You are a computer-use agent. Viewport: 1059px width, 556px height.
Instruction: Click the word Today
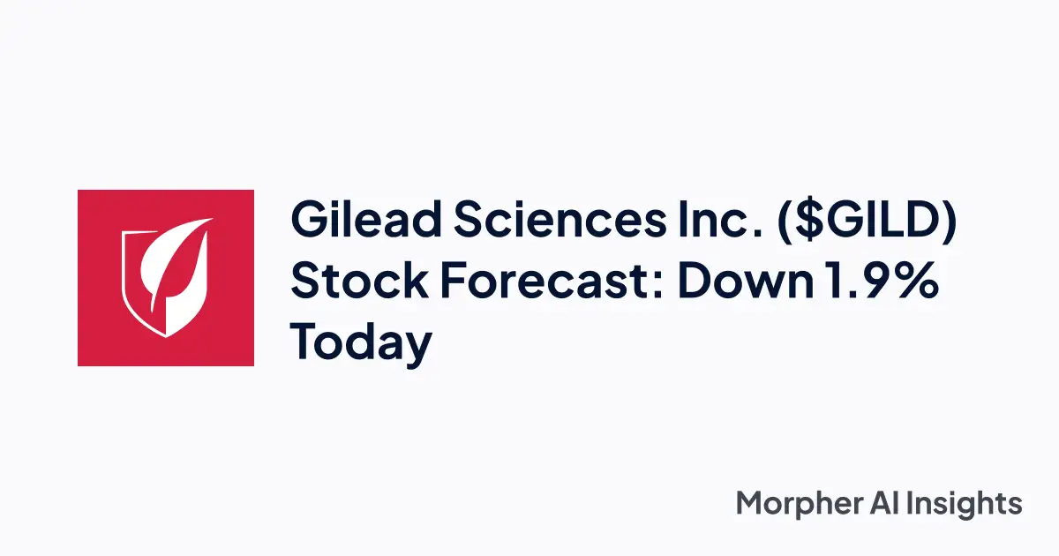click(362, 342)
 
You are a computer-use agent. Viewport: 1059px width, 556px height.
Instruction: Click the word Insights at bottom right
click(972, 505)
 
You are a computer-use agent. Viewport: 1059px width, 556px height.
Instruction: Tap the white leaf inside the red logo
click(174, 265)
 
